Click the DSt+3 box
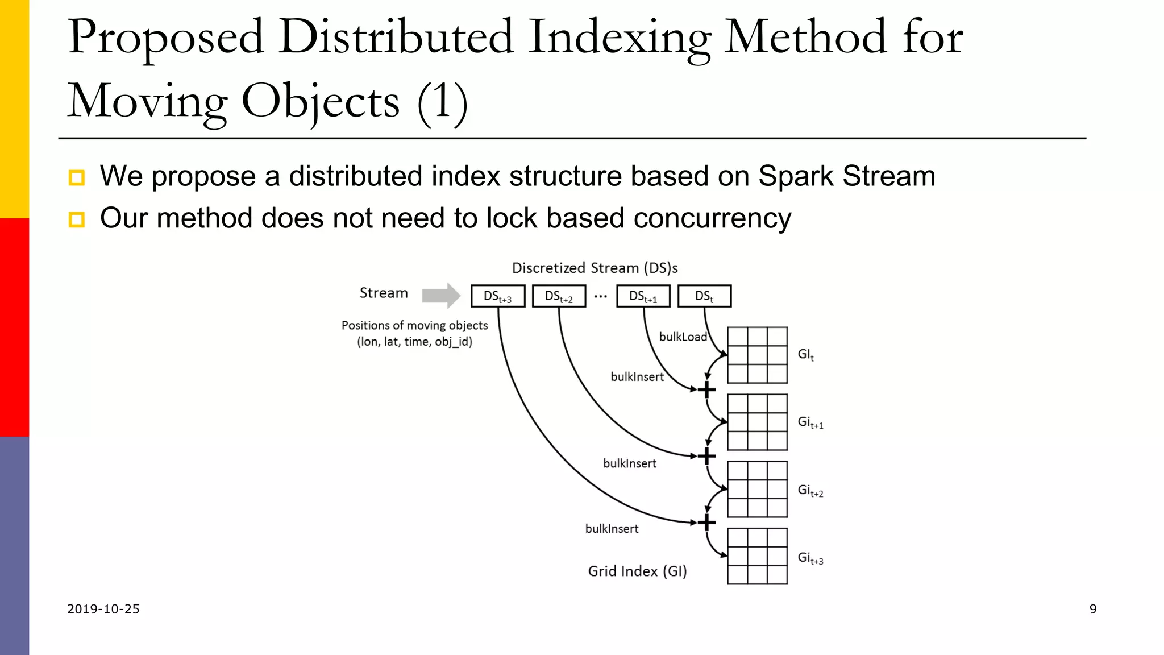pyautogui.click(x=497, y=296)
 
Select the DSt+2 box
pyautogui.click(x=559, y=296)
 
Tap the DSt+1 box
pyautogui.click(x=643, y=296)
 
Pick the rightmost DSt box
pyautogui.click(x=704, y=296)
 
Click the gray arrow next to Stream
pyautogui.click(x=441, y=295)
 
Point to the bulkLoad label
pyautogui.click(x=683, y=337)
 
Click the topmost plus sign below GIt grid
pyautogui.click(x=706, y=390)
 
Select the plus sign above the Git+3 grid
pyautogui.click(x=706, y=523)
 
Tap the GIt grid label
pyautogui.click(x=805, y=355)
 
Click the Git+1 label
pyautogui.click(x=810, y=422)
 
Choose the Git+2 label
pyautogui.click(x=810, y=490)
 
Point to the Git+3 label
pyautogui.click(x=810, y=558)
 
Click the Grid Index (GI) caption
pyautogui.click(x=637, y=571)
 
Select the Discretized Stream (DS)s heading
pyautogui.click(x=595, y=268)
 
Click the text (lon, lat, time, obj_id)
pyautogui.click(x=414, y=342)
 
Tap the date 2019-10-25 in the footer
pyautogui.click(x=103, y=609)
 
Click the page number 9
pyautogui.click(x=1092, y=609)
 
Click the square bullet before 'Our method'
pyautogui.click(x=77, y=219)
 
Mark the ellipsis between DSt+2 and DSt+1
pyautogui.click(x=600, y=296)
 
